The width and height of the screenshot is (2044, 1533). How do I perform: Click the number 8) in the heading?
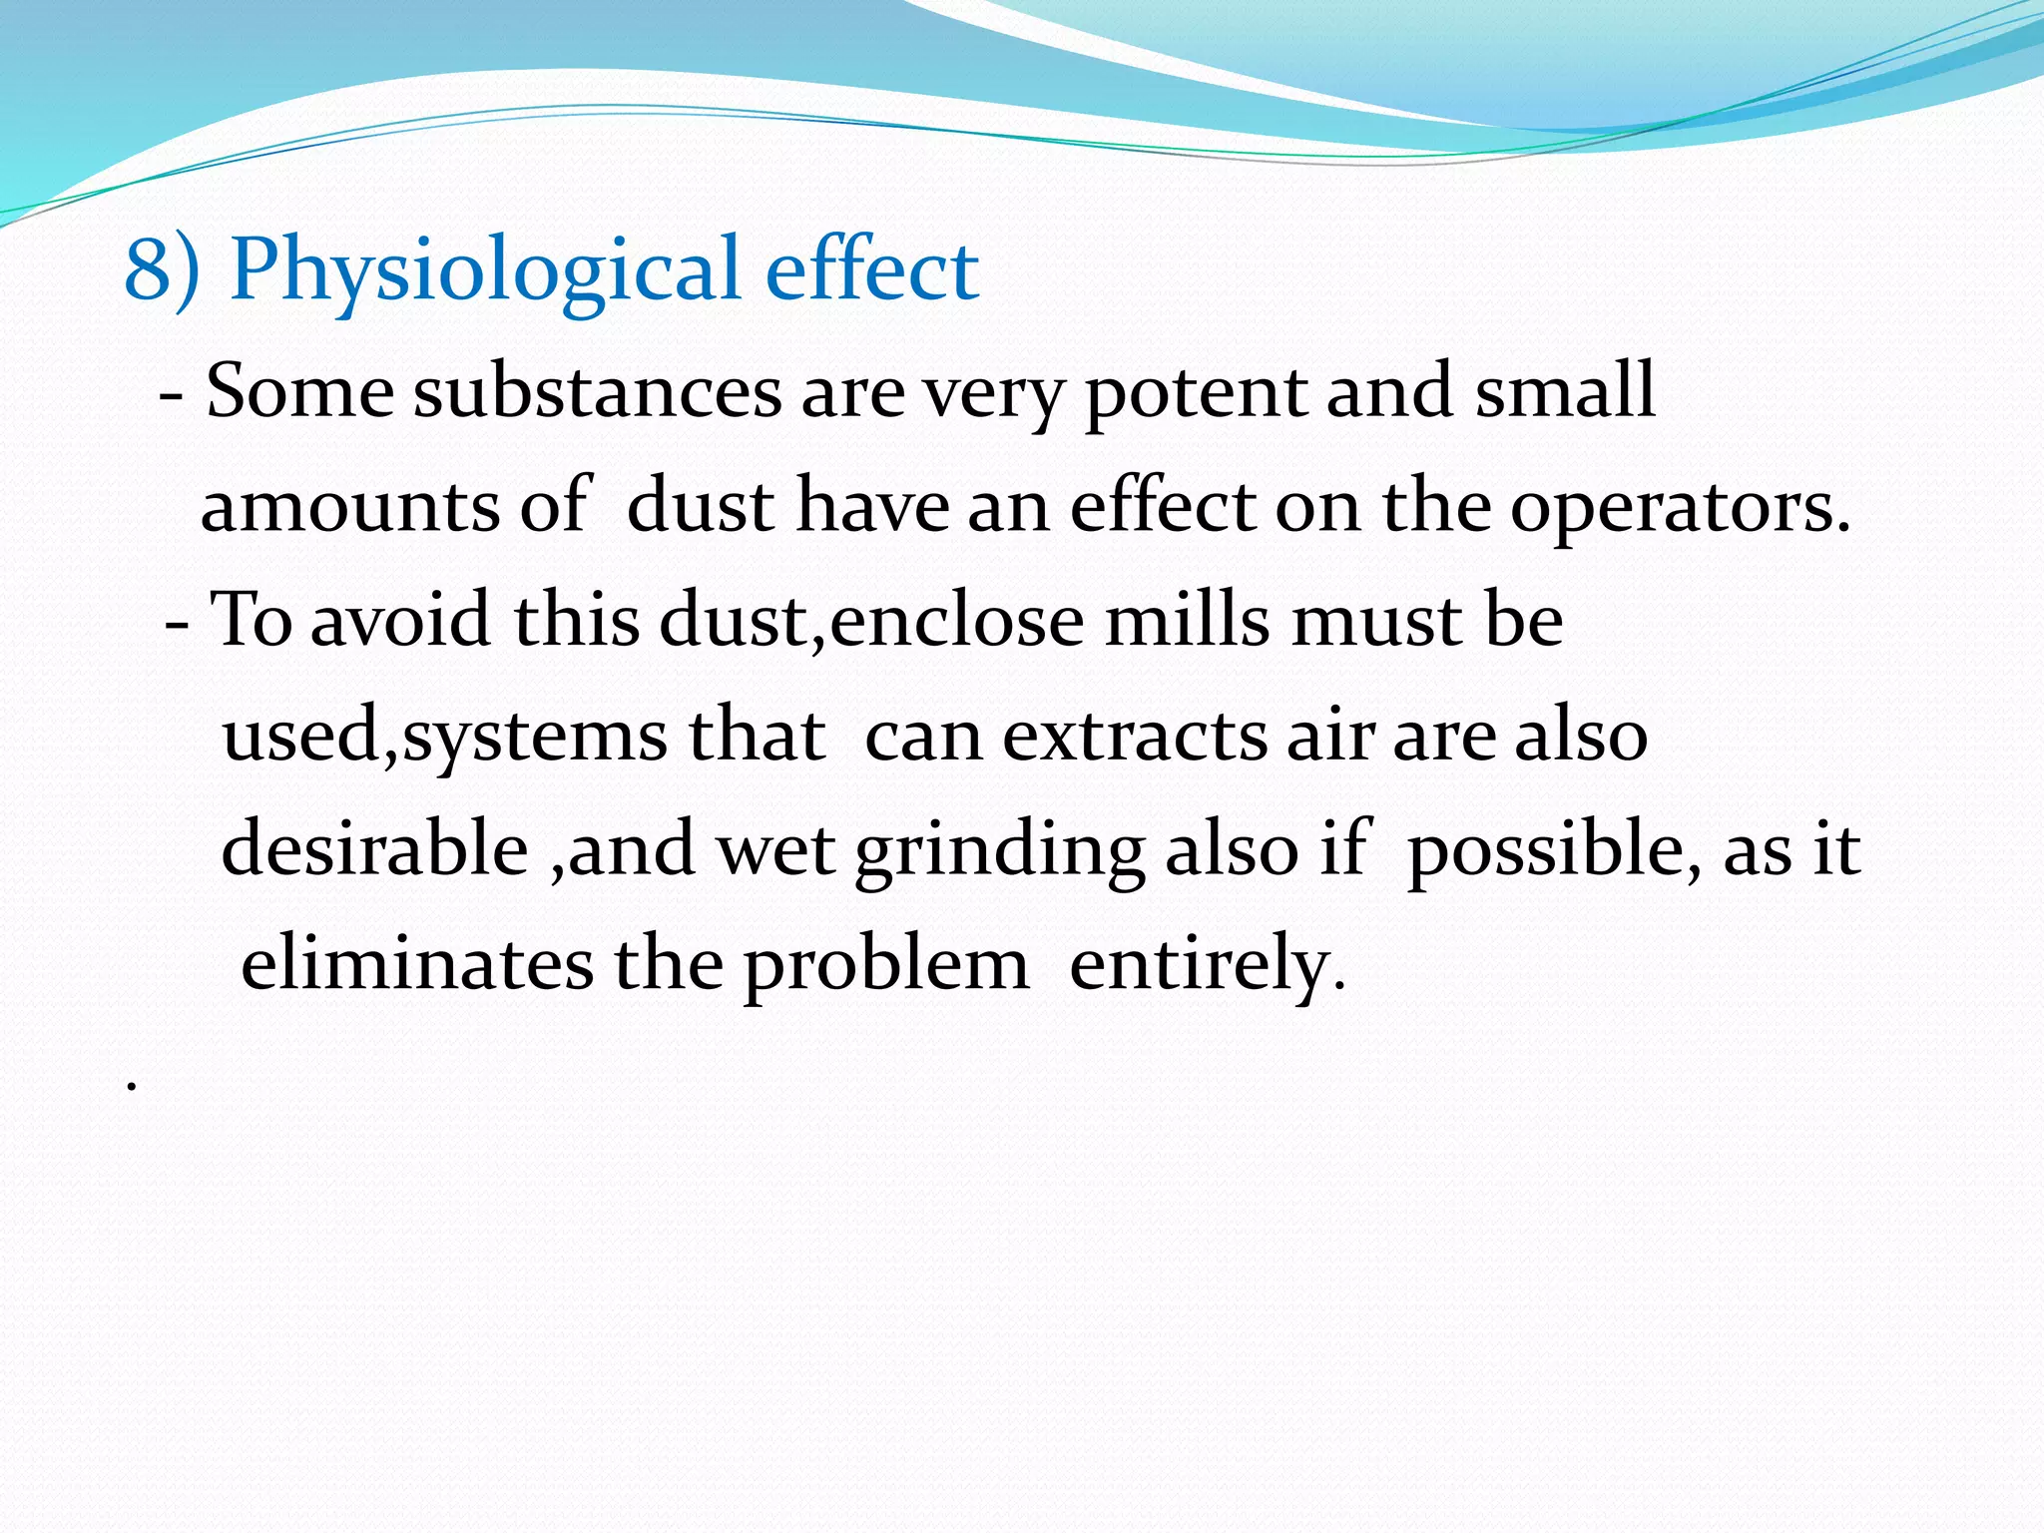pos(161,270)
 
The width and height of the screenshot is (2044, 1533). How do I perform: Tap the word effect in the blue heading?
pos(871,270)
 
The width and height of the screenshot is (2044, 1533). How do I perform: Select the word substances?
pos(597,392)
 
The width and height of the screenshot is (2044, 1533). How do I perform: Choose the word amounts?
pos(348,507)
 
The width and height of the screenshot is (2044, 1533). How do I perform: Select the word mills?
pos(1187,621)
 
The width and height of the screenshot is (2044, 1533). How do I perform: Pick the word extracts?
pos(1134,737)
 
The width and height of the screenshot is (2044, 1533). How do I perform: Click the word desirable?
pos(374,849)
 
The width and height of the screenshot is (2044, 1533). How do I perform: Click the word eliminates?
pos(417,964)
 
